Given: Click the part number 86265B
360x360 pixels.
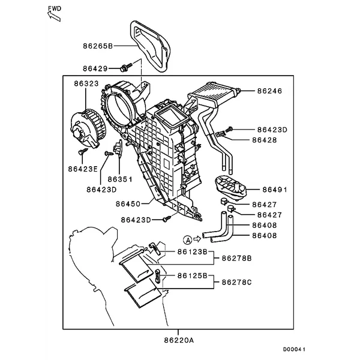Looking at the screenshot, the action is coord(98,46).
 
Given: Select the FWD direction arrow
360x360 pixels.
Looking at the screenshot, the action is coord(54,16).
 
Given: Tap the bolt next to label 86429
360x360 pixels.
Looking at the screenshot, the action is coord(126,67).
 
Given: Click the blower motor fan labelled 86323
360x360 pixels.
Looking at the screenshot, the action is coord(89,128).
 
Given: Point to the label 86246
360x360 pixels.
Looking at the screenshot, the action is coord(269,91).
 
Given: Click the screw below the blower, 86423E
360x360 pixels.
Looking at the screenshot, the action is coord(83,151).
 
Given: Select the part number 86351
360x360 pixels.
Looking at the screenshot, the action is coord(120,179).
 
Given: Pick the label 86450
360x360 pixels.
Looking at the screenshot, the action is coord(128,204).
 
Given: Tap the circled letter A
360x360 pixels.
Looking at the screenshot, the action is coord(188,240).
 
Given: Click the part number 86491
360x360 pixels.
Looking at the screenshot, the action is coord(275,190).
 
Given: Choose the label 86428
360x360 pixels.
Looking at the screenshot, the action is coord(265,140).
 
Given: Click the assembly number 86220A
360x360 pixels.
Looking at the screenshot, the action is coord(179,340).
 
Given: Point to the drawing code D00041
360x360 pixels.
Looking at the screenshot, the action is coord(294,349).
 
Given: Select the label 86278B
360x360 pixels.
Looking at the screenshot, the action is coord(237,259).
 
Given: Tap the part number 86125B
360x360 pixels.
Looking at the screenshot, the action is coord(193,275).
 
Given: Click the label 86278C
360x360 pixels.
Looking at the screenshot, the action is coord(237,282).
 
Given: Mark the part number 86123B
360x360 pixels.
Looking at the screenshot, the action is coord(193,252).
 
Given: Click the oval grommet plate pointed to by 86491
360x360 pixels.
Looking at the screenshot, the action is coord(231,187).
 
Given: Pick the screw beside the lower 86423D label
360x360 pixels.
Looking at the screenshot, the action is coord(167,218).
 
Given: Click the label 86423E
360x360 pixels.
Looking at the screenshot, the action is coord(83,169).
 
